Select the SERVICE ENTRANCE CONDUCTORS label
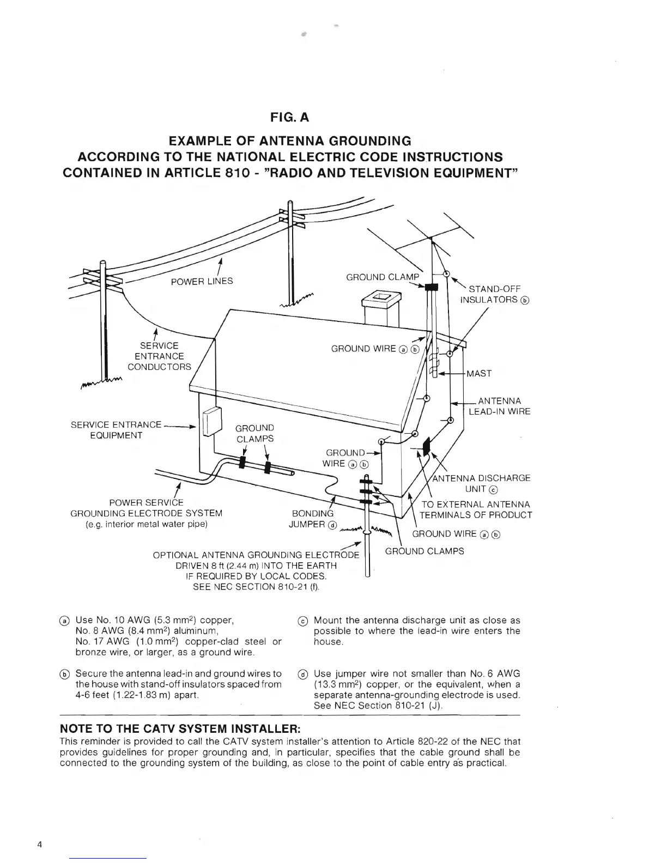pyautogui.click(x=160, y=356)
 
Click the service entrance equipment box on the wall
pyautogui.click(x=211, y=422)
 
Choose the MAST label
pyautogui.click(x=479, y=374)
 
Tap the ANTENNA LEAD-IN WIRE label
pyautogui.click(x=499, y=406)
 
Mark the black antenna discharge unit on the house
pyautogui.click(x=426, y=446)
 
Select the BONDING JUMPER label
pyautogui.click(x=313, y=519)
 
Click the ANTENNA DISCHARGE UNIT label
pyautogui.click(x=481, y=483)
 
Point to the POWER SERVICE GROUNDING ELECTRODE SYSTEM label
pyautogui.click(x=147, y=513)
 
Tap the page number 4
pyautogui.click(x=40, y=845)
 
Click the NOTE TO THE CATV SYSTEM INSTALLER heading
pyautogui.click(x=180, y=729)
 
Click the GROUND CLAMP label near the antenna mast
pyautogui.click(x=383, y=277)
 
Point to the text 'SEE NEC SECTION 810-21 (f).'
pyautogui.click(x=256, y=587)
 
